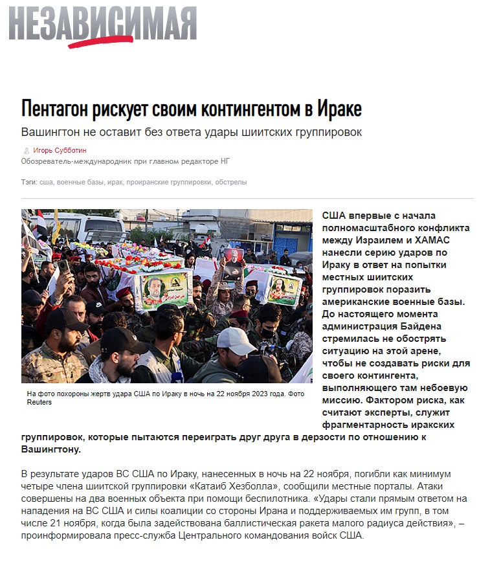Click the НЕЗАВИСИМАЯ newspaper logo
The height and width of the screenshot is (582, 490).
pyautogui.click(x=102, y=25)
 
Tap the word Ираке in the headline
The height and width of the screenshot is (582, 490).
pyautogui.click(x=339, y=108)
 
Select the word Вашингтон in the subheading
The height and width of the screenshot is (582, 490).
pyautogui.click(x=54, y=132)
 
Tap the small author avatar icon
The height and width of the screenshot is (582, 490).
pyautogui.click(x=26, y=150)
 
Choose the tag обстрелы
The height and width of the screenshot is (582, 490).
pyautogui.click(x=230, y=183)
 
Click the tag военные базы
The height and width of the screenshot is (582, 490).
pyautogui.click(x=81, y=183)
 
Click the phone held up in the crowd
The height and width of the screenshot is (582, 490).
pyautogui.click(x=64, y=265)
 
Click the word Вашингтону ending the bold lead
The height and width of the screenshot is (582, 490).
pyautogui.click(x=50, y=449)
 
